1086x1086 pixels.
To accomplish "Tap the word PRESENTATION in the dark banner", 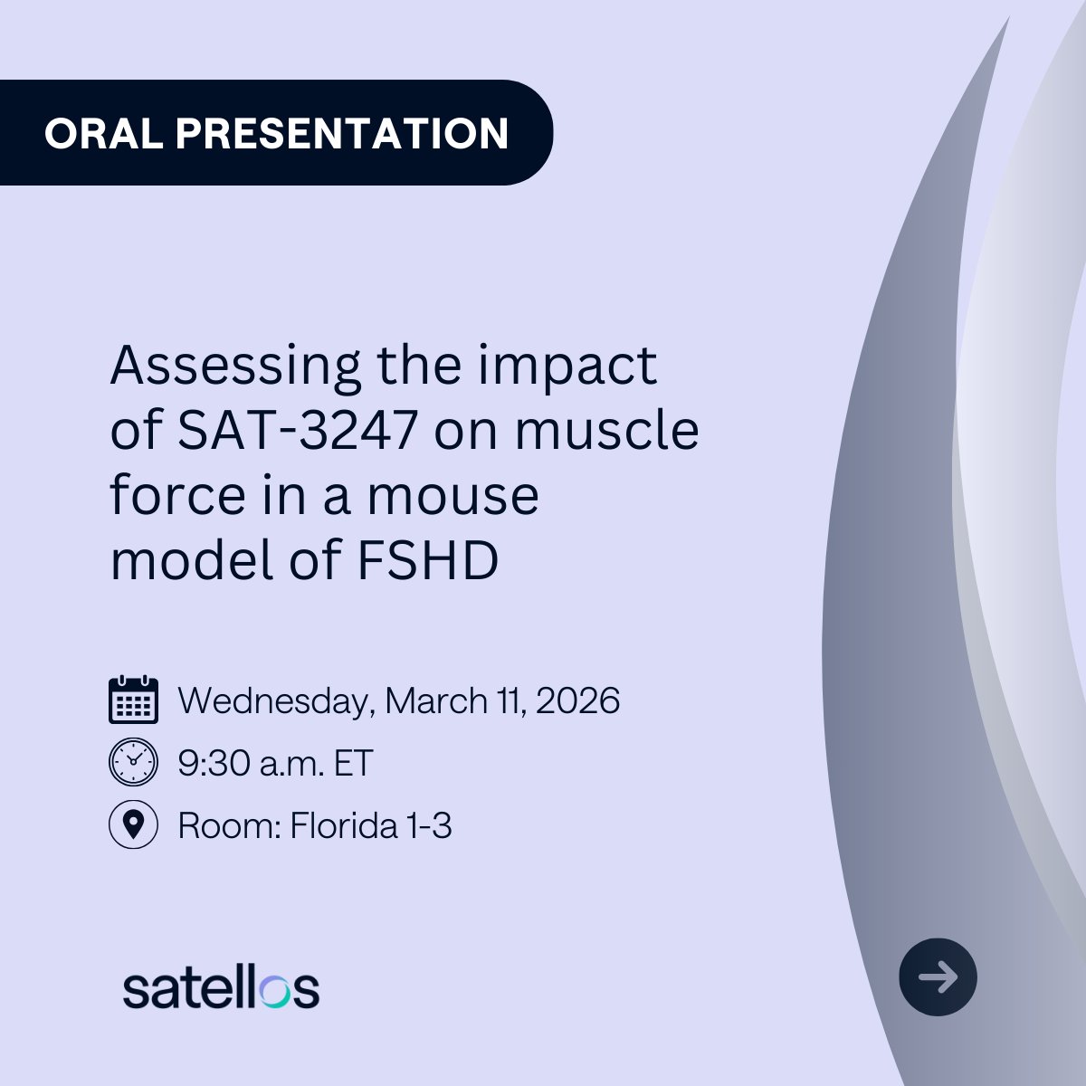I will point(342,133).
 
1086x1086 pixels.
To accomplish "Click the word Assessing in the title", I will point(235,367).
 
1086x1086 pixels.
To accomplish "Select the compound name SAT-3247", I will point(297,431).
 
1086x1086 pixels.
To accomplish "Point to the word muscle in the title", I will point(606,431).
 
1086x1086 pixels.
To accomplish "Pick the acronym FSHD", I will point(428,561).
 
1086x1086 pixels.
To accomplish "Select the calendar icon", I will point(133,700).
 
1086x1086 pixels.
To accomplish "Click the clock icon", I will point(133,762).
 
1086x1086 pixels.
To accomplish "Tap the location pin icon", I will point(133,824).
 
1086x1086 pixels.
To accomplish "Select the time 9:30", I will point(214,764).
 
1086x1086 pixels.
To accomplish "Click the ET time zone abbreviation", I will point(353,764).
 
